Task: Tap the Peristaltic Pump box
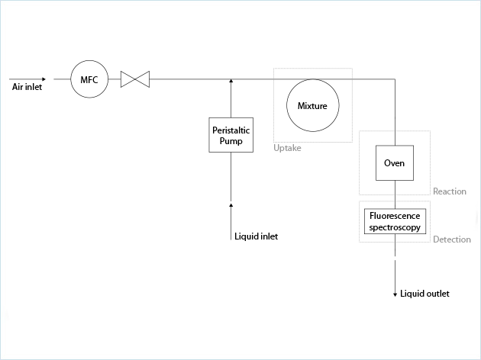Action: point(231,135)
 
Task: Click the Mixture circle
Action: point(312,105)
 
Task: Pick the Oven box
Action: point(394,163)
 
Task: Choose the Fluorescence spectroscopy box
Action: point(395,221)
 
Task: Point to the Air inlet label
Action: point(27,87)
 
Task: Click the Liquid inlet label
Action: point(256,236)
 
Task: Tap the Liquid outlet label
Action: point(425,294)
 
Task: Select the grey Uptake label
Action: point(287,148)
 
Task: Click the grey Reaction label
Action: point(449,191)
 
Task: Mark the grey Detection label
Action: point(451,239)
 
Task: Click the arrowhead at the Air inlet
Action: point(44,79)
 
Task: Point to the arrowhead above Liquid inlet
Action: point(231,204)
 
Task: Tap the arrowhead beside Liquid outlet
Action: point(395,294)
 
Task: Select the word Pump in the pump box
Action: point(231,140)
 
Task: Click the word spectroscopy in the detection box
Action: point(395,227)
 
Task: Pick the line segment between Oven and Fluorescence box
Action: point(395,191)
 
